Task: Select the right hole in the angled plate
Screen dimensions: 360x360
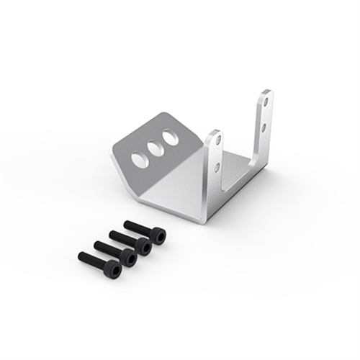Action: pyautogui.click(x=171, y=136)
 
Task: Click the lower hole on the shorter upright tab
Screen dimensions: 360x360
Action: pyautogui.click(x=217, y=167)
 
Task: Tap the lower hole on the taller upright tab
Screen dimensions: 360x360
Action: pyautogui.click(x=265, y=127)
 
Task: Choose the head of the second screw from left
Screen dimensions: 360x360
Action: pyautogui.click(x=128, y=257)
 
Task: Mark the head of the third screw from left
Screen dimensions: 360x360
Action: pyautogui.click(x=143, y=246)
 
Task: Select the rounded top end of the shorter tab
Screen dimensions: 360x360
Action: pyautogui.click(x=214, y=132)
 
